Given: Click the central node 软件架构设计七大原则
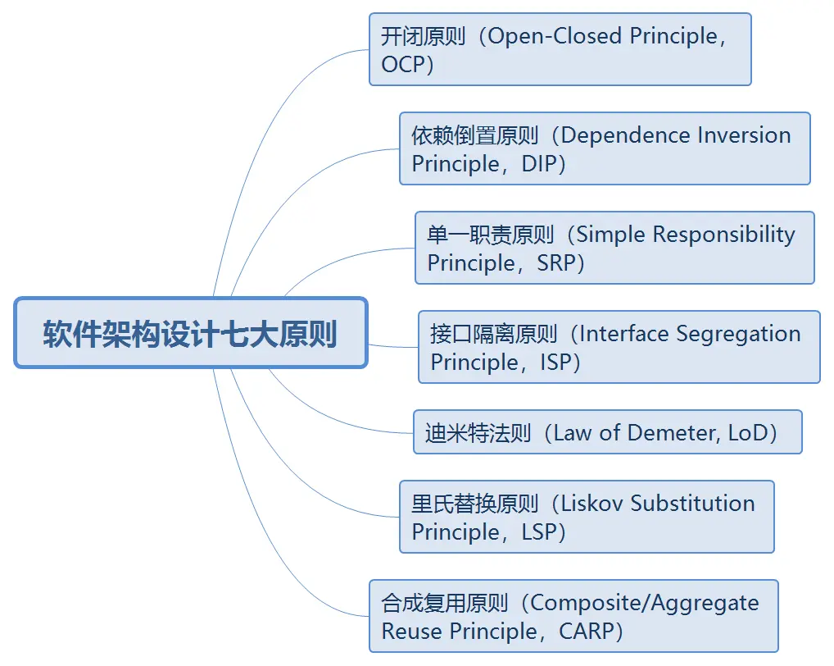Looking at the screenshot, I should coord(190,333).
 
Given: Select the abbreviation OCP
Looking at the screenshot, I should coord(403,65).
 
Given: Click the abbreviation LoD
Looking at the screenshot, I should coord(746,433).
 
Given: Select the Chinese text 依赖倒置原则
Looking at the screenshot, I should coord(475,136).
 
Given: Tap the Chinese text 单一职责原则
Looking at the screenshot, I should coord(491,235).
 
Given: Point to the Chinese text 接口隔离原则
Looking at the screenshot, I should coord(494,335).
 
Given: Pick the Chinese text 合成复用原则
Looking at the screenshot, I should coord(445,604).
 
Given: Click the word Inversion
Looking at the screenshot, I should coord(744,135).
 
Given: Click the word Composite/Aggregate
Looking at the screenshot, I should coord(644,604).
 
